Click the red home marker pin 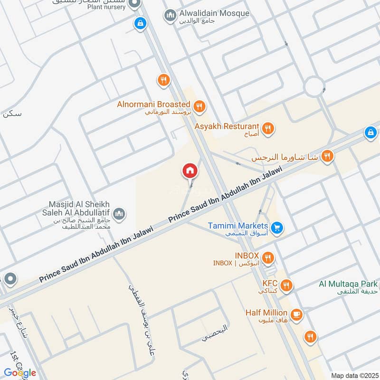pyautogui.click(x=190, y=171)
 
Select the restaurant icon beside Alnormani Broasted pyautogui.click(x=199, y=106)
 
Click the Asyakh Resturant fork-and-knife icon pyautogui.click(x=268, y=128)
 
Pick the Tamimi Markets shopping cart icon pyautogui.click(x=278, y=228)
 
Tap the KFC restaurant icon pyautogui.click(x=286, y=285)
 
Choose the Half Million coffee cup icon pyautogui.click(x=297, y=313)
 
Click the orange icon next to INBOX pyautogui.click(x=268, y=257)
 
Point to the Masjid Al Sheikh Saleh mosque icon pyautogui.click(x=121, y=214)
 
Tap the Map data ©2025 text pyautogui.click(x=354, y=375)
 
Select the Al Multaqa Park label pyautogui.click(x=348, y=284)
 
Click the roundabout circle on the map pyautogui.click(x=314, y=86)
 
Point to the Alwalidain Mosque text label pyautogui.click(x=214, y=13)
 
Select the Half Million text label pyautogui.click(x=266, y=313)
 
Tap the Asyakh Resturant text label pyautogui.click(x=227, y=127)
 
